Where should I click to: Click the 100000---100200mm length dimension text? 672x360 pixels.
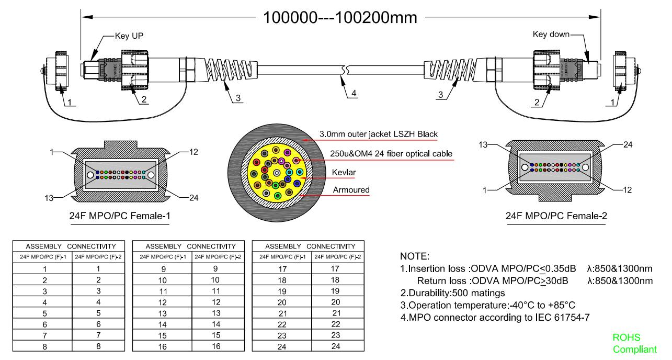340,17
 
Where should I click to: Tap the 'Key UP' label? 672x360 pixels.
129,36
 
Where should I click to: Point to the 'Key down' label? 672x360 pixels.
551,35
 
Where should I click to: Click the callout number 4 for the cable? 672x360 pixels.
354,94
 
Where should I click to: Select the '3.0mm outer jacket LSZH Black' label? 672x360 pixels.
378,134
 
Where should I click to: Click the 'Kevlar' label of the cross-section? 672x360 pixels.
343,172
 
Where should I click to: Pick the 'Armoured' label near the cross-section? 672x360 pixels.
351,190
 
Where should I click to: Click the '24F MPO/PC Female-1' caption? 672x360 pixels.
120,216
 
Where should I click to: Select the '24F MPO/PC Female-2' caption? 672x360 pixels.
556,216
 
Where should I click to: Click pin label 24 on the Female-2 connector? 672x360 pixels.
628,145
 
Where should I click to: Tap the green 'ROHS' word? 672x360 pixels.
627,337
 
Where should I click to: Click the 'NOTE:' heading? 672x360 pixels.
414,256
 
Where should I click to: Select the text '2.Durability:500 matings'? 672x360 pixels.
453,293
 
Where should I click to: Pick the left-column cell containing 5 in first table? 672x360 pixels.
44,313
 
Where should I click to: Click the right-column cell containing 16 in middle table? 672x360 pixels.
215,346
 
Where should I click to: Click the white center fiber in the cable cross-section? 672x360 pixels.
277,173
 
